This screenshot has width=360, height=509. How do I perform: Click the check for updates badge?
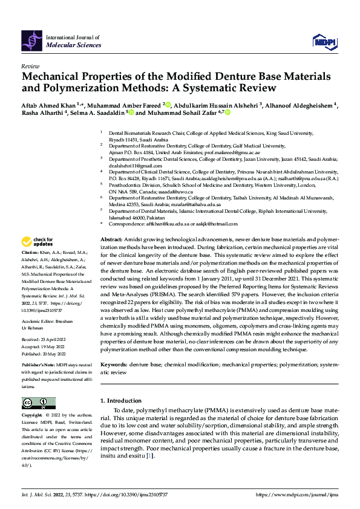tap(37, 242)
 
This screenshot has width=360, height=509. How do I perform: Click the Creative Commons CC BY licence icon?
tap(38, 403)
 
